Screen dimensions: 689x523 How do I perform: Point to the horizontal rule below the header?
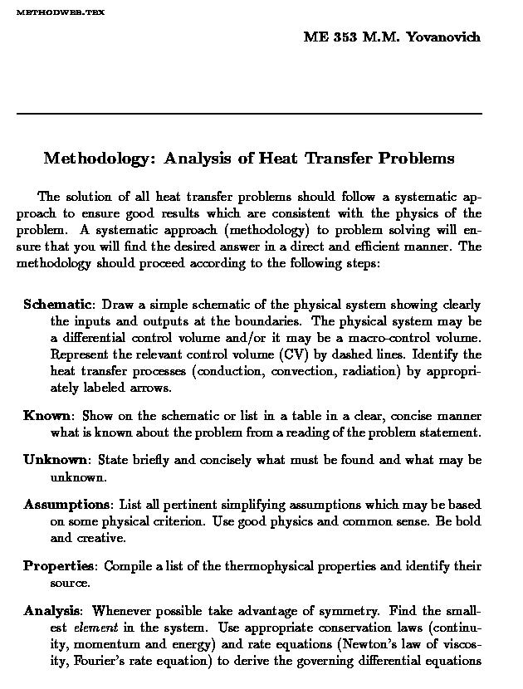[x=249, y=113]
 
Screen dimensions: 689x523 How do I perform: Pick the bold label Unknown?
[x=56, y=460]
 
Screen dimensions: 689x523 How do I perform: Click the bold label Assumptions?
[x=67, y=505]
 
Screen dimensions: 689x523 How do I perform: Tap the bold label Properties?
[x=58, y=567]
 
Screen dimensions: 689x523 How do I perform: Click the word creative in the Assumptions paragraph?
[x=102, y=538]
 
